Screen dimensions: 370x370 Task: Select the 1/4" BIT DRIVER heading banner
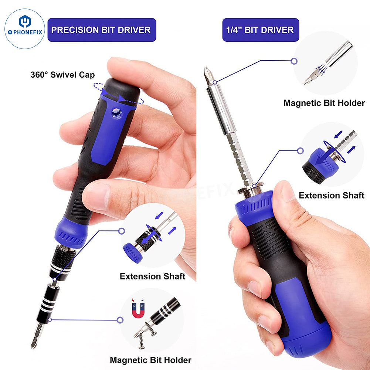click(x=260, y=30)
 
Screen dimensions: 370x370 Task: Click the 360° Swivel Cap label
click(x=62, y=75)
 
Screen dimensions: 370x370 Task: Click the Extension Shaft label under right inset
click(x=332, y=195)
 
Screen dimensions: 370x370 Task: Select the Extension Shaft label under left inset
click(x=152, y=276)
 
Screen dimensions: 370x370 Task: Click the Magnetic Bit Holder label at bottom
click(x=150, y=360)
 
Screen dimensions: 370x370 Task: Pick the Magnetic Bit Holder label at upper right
click(x=324, y=103)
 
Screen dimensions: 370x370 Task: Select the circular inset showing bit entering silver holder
click(x=325, y=63)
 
